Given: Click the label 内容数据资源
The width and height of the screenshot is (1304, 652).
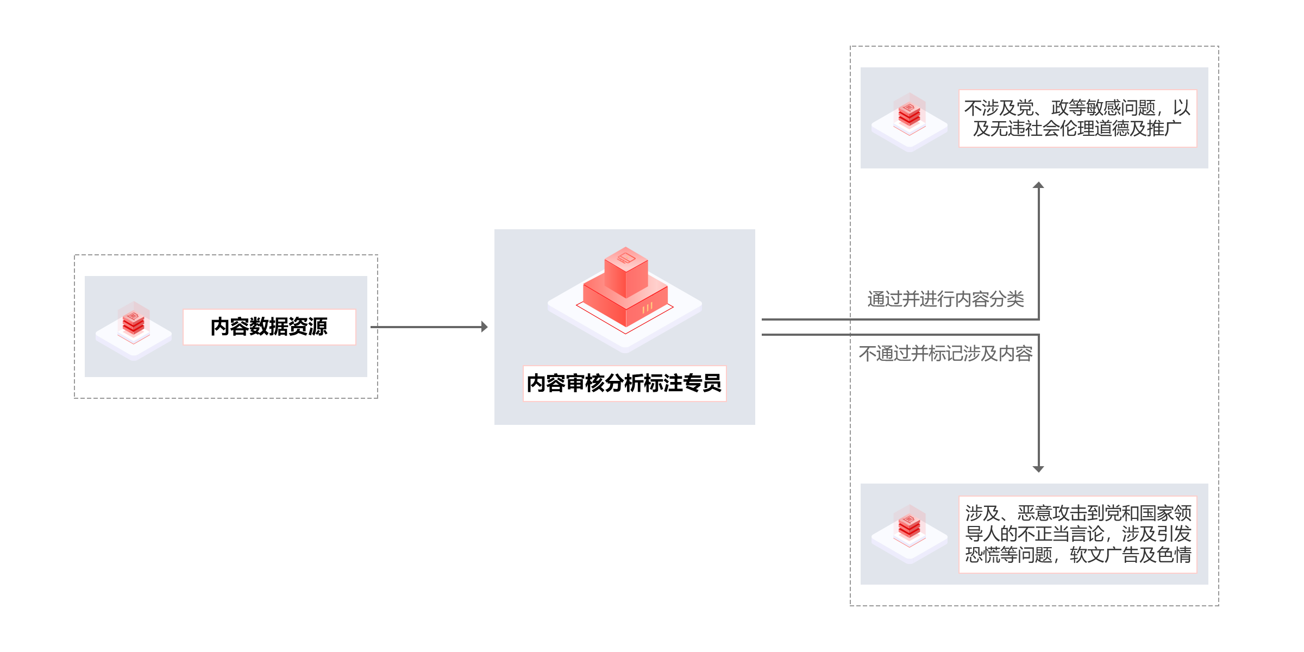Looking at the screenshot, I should [269, 327].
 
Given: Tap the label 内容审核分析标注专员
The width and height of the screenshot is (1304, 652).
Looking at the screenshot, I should [624, 383].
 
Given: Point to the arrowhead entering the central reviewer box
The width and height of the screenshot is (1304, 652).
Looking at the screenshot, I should [484, 327].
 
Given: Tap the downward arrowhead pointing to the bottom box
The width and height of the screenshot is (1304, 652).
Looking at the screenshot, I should [1038, 468].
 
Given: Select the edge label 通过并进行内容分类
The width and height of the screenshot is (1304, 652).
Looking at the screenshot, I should [945, 299].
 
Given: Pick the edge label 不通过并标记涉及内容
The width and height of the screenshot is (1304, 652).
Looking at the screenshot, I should [945, 354].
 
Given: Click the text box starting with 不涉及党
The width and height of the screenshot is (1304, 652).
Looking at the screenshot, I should [1077, 118].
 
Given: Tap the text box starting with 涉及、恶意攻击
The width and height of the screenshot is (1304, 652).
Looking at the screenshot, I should [1077, 534].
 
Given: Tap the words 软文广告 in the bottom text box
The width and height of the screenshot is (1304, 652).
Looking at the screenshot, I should [1104, 555].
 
